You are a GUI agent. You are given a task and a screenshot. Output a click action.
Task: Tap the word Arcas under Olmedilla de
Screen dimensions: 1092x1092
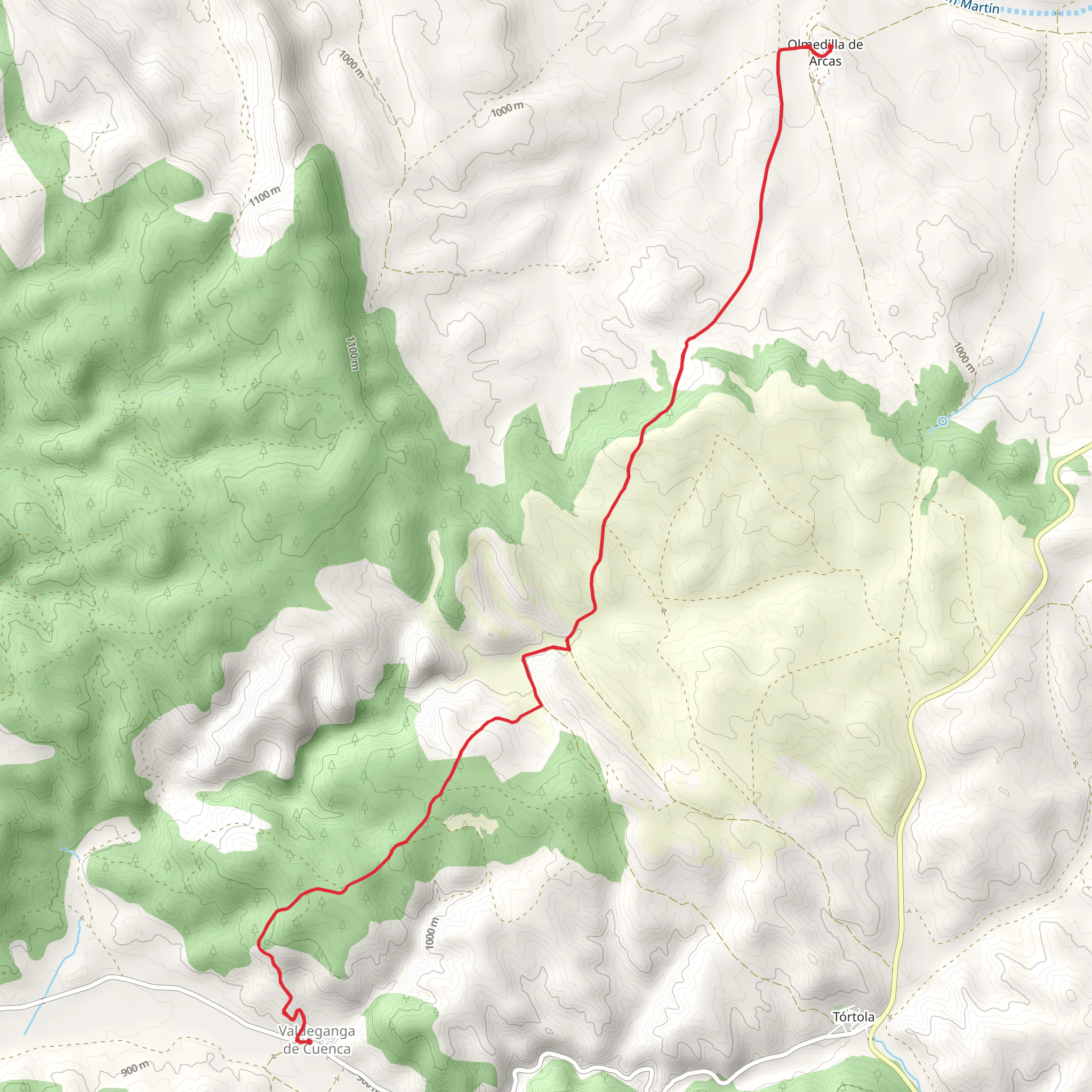pyautogui.click(x=825, y=61)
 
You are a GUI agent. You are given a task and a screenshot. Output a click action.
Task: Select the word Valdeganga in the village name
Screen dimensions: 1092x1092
pyautogui.click(x=317, y=1031)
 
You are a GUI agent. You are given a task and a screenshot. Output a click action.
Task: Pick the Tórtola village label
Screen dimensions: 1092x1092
pyautogui.click(x=854, y=1017)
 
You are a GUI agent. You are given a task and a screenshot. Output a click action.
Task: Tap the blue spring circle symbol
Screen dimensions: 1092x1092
pyautogui.click(x=942, y=421)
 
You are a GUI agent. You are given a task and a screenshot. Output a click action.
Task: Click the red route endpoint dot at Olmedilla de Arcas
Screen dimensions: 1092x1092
pyautogui.click(x=830, y=46)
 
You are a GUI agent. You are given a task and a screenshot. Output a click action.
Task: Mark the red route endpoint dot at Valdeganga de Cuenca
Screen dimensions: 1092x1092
pyautogui.click(x=309, y=1041)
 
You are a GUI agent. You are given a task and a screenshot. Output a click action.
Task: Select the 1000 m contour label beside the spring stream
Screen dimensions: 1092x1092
pyautogui.click(x=963, y=357)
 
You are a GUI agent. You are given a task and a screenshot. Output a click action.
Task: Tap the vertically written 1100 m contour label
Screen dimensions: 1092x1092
pyautogui.click(x=351, y=354)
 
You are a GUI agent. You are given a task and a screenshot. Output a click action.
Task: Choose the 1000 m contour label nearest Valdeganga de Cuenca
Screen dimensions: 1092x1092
pyautogui.click(x=431, y=934)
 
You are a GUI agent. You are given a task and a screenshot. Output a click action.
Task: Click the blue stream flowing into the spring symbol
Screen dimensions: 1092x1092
pyautogui.click(x=995, y=384)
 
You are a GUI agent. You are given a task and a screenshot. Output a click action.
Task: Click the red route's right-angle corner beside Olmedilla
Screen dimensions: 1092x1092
pyautogui.click(x=780, y=50)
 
